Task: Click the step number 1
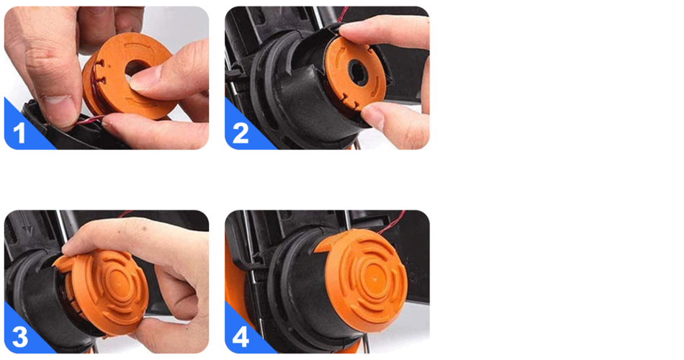coord(19,133)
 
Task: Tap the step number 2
coord(240,133)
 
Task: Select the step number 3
coord(20,337)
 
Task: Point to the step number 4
coord(241,337)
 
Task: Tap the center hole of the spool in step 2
coord(357,72)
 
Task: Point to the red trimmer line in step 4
coord(390,222)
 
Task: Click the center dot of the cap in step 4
coord(376,277)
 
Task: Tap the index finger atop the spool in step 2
coord(384,32)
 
